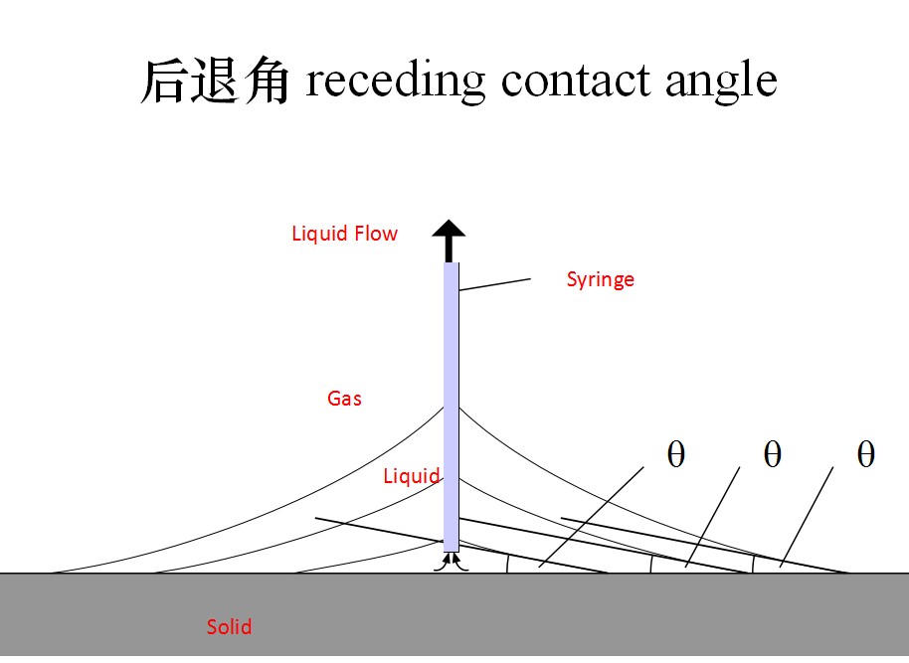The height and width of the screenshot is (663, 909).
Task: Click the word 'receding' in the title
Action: tap(395, 81)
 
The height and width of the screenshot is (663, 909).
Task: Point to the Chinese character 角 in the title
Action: tap(266, 81)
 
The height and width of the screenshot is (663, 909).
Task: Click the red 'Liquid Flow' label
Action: tap(344, 234)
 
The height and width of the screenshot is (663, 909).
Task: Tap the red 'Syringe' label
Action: tap(600, 279)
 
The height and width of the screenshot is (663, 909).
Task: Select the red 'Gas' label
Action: tap(344, 399)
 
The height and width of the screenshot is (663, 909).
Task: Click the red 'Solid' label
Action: tap(229, 627)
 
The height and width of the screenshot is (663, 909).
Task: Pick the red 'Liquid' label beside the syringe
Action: tap(411, 476)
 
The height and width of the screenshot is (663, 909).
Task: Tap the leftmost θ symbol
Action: tap(675, 454)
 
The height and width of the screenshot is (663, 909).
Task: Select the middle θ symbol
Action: tap(772, 454)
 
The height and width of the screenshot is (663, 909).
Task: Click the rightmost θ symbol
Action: tap(865, 454)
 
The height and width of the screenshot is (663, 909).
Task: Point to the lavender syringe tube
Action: tap(452, 398)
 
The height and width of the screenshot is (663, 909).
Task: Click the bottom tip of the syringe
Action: tap(452, 548)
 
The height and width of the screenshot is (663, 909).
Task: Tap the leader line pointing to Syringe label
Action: tap(494, 285)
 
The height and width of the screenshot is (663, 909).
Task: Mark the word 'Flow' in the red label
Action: tap(375, 234)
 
